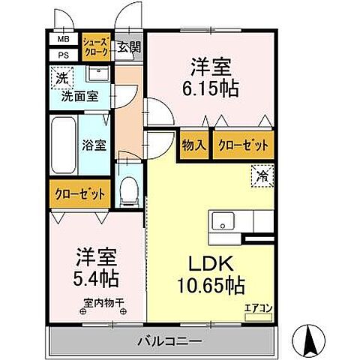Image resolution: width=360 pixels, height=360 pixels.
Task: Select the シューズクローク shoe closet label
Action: (x=96, y=46)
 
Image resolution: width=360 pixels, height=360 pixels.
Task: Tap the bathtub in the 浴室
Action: (x=63, y=143)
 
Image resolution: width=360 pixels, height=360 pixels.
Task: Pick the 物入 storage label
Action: (x=195, y=146)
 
